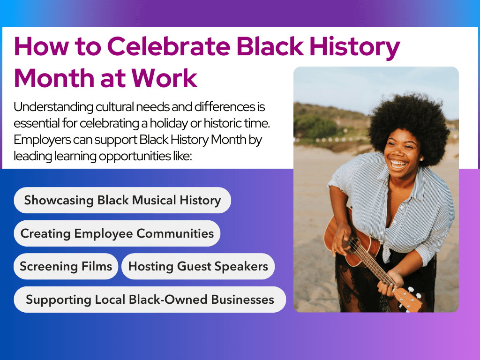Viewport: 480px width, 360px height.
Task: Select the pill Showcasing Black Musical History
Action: coord(122,201)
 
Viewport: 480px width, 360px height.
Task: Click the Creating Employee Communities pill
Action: coord(117,233)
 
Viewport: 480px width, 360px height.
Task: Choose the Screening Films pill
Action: coord(66,267)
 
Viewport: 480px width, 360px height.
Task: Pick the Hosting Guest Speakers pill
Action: coord(198,267)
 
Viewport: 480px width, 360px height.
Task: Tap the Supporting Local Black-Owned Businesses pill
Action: coord(150,300)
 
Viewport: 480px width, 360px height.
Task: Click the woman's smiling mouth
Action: coord(399,164)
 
